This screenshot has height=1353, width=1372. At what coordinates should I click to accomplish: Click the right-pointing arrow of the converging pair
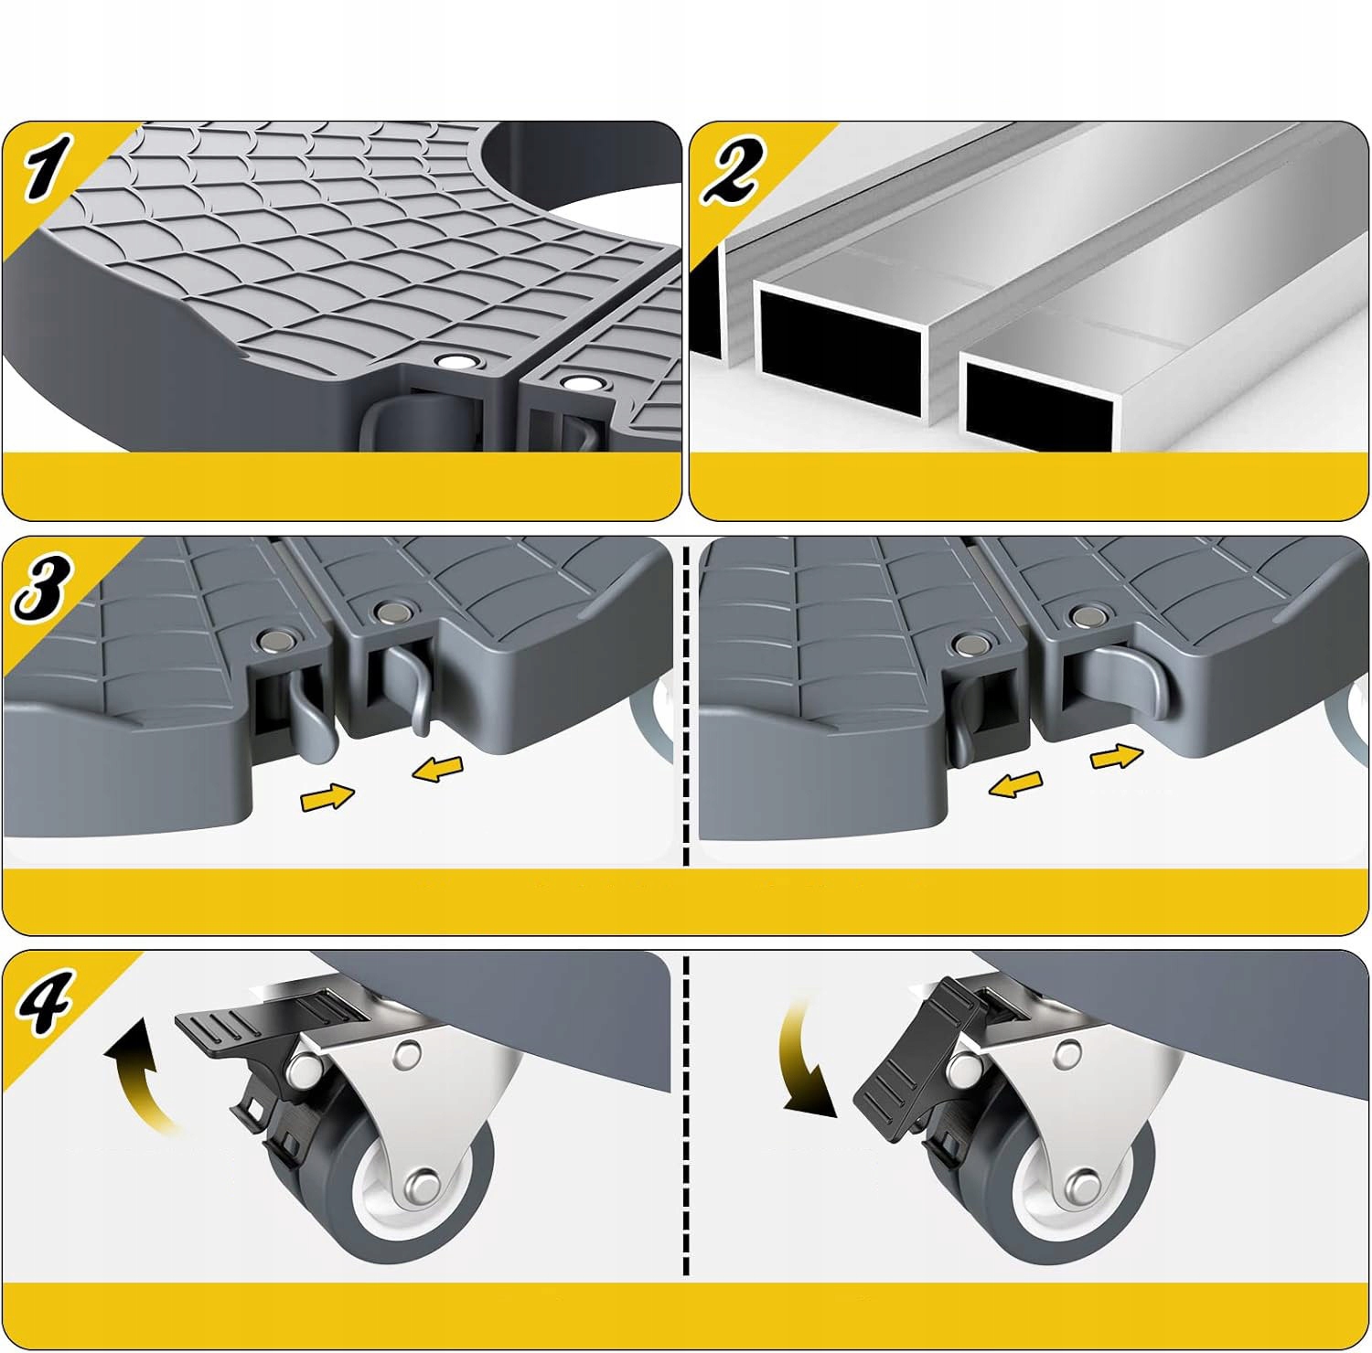[x=327, y=797]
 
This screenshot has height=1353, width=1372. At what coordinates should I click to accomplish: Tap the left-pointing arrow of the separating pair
[x=1017, y=783]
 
